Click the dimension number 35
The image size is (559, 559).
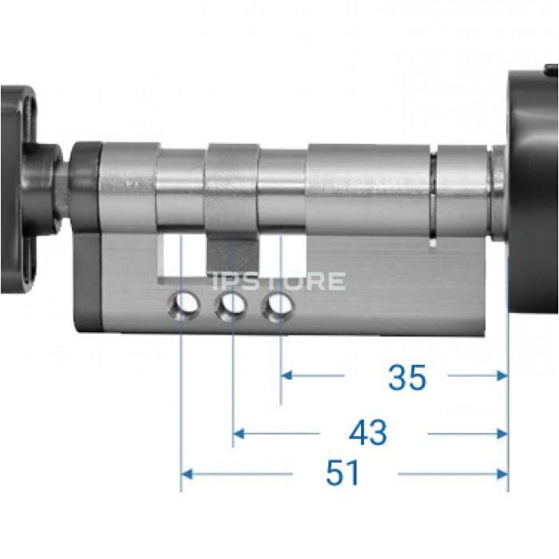pyautogui.click(x=406, y=377)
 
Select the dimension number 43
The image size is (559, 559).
pyautogui.click(x=367, y=433)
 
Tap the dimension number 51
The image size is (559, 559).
pyautogui.click(x=343, y=473)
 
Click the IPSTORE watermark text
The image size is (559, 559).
pyautogui.click(x=279, y=280)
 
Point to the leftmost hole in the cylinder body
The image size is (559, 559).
pyautogui.click(x=184, y=306)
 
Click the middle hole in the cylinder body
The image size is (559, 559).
pyautogui.click(x=232, y=306)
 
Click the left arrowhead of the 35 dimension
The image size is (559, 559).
pyautogui.click(x=287, y=375)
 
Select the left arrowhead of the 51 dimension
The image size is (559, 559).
pyautogui.click(x=187, y=474)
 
